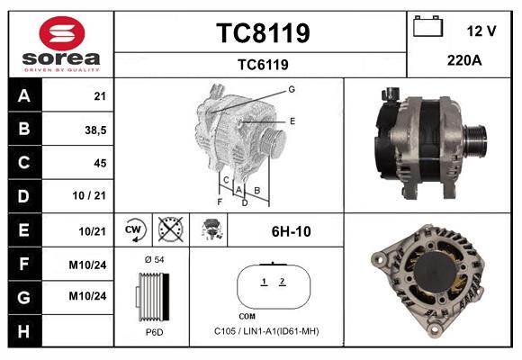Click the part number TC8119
pos(262,33)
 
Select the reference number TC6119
pos(262,64)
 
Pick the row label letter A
pos(22,96)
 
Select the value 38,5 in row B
pos(94,130)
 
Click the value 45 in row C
pos(99,163)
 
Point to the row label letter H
pos(22,330)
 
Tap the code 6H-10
pos(291,231)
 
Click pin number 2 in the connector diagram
pos(282,283)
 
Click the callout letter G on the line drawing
pos(292,89)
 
